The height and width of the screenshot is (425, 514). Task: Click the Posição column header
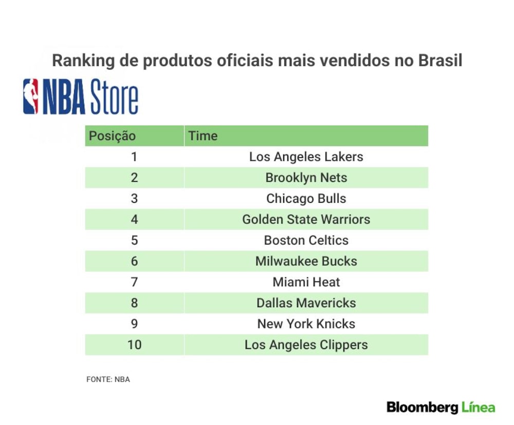coord(112,136)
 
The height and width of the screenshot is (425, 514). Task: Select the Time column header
coord(203,136)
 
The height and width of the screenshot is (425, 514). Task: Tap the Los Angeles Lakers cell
coord(306,157)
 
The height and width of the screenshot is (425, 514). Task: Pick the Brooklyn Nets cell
coord(306,178)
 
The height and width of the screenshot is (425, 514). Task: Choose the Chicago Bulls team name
coord(306,199)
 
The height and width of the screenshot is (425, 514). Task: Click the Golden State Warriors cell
coord(306,219)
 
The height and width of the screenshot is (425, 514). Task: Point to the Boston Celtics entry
coord(306,240)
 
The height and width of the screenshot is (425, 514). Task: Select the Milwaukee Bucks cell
coord(306,261)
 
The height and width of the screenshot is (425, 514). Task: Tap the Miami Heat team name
coord(306,282)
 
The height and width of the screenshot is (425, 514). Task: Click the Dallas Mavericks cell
coord(306,303)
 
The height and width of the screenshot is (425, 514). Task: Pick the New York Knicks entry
coord(306,324)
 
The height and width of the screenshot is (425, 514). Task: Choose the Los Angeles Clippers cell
coord(306,345)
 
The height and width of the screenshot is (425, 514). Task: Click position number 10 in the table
coord(134,345)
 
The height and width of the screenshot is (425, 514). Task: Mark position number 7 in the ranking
coord(134,282)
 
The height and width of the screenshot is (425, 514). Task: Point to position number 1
coord(134,157)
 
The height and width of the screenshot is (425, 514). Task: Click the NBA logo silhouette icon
coord(30,97)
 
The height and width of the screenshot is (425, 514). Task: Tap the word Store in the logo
coord(114,97)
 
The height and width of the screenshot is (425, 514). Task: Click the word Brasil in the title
coord(440,60)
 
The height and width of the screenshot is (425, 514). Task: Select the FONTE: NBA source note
coord(108,379)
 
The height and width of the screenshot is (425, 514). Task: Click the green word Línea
coord(478,408)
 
